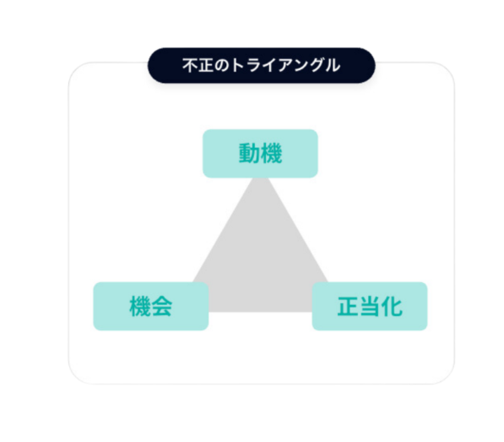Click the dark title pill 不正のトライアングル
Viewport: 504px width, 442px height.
click(262, 65)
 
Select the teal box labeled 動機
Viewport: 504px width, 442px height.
click(260, 154)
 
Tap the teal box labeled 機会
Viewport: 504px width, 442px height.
click(151, 306)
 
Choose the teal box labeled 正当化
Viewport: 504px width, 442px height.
click(370, 306)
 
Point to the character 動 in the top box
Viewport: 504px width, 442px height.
click(249, 154)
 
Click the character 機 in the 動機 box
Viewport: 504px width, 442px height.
click(272, 154)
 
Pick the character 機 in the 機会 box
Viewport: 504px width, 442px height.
click(140, 306)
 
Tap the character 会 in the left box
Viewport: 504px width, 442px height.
click(162, 306)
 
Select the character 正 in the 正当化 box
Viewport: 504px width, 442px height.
click(348, 306)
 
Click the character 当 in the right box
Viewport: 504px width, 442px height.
click(370, 306)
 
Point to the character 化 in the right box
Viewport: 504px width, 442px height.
click(392, 306)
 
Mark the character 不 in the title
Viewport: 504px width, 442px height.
click(190, 65)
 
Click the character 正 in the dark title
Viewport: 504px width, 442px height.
click(205, 65)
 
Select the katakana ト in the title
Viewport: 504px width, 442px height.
click(236, 65)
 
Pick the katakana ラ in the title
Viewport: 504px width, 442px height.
click(252, 65)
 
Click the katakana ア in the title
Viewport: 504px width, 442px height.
click(285, 65)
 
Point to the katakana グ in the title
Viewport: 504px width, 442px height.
click(317, 65)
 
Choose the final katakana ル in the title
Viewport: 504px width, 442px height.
click(333, 65)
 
